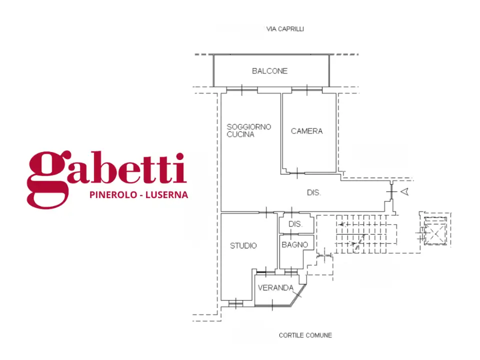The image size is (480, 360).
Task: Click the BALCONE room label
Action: coord(269,71)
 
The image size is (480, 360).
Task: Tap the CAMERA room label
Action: coord(306,131)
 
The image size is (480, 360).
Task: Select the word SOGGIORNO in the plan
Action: coord(248,127)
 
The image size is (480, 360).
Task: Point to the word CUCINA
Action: coord(240,134)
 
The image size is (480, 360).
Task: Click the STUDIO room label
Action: coord(243,245)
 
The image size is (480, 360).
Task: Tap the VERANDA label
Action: coord(275,288)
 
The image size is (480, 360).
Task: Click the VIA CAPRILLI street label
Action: coord(285,29)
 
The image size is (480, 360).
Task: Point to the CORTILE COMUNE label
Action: coord(305,335)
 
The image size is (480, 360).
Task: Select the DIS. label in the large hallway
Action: coord(313,192)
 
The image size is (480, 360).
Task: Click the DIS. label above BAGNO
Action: coord(295,224)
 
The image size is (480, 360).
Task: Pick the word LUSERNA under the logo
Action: coord(166,195)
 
